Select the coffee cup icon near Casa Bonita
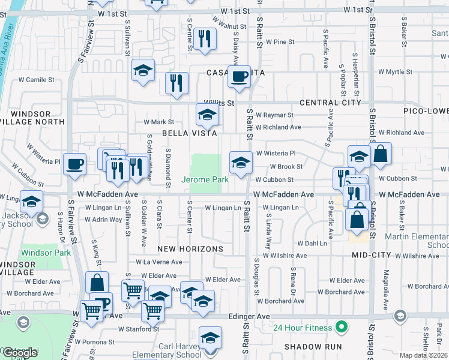240,76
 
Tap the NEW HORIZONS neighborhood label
190,248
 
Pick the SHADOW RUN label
313,347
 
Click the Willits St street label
218,103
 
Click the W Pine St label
281,42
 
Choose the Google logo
20,353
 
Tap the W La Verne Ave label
158,262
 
